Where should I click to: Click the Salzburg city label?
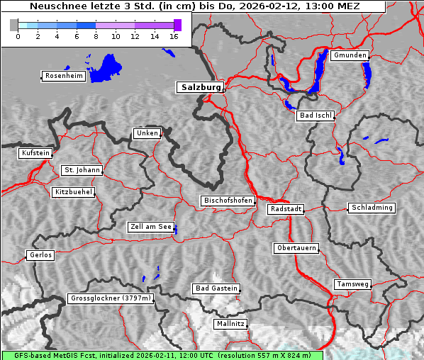[199, 87]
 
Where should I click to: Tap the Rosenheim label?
[63, 76]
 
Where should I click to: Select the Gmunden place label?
[350, 55]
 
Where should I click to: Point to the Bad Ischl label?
[316, 116]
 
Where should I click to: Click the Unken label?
[147, 133]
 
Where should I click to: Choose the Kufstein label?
[35, 153]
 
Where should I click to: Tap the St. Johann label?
[82, 170]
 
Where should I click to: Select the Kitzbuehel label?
[73, 192]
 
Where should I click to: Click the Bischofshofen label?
[228, 201]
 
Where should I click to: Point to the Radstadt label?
[286, 209]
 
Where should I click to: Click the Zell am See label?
[151, 227]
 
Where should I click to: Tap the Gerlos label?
[40, 255]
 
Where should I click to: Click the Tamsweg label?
[352, 284]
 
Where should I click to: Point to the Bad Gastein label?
[216, 288]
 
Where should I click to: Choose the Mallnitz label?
[230, 324]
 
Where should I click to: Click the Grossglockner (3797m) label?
[111, 298]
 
